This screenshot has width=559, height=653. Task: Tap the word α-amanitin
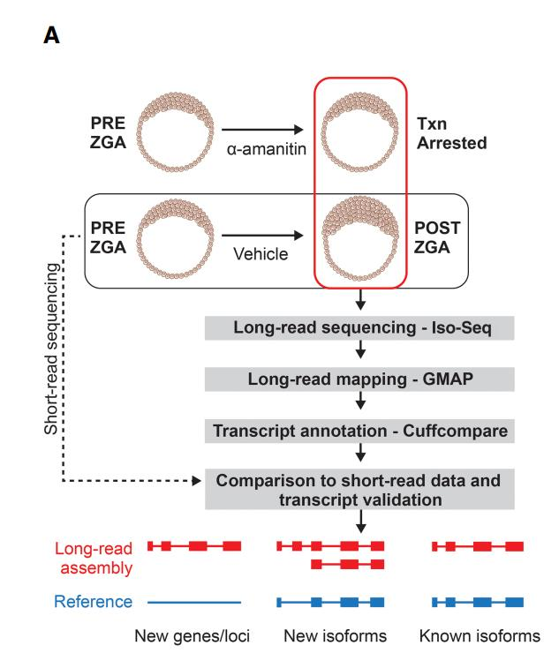click(x=264, y=152)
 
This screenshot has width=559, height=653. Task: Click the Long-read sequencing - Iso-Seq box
click(x=360, y=326)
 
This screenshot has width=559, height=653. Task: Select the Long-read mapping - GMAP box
click(x=360, y=379)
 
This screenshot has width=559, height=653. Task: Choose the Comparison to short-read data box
click(x=360, y=490)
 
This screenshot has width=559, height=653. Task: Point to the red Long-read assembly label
click(x=93, y=557)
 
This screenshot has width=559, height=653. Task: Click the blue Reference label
click(x=94, y=602)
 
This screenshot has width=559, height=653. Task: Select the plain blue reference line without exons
click(x=193, y=602)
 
